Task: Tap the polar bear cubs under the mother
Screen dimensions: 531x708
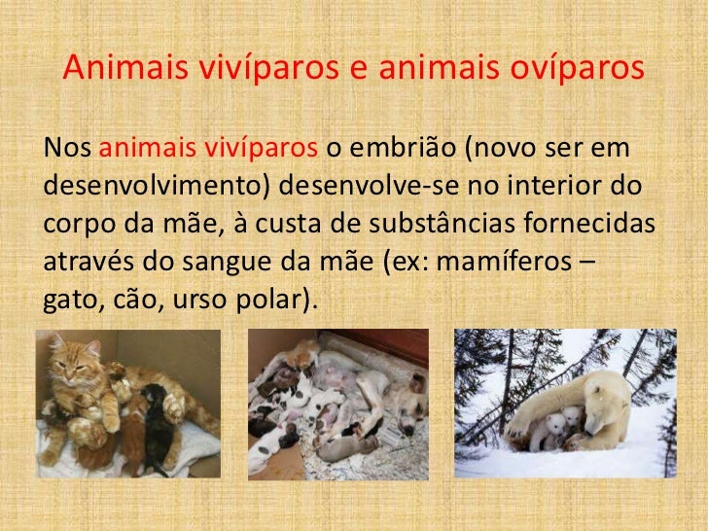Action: point(561,428)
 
